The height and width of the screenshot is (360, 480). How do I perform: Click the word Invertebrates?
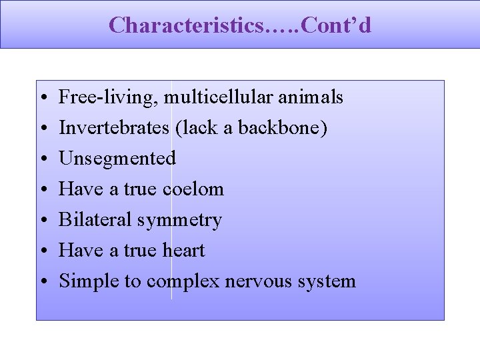coord(114,128)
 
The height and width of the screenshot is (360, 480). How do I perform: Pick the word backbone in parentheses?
coord(291,128)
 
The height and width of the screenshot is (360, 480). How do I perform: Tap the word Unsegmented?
coord(117,159)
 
